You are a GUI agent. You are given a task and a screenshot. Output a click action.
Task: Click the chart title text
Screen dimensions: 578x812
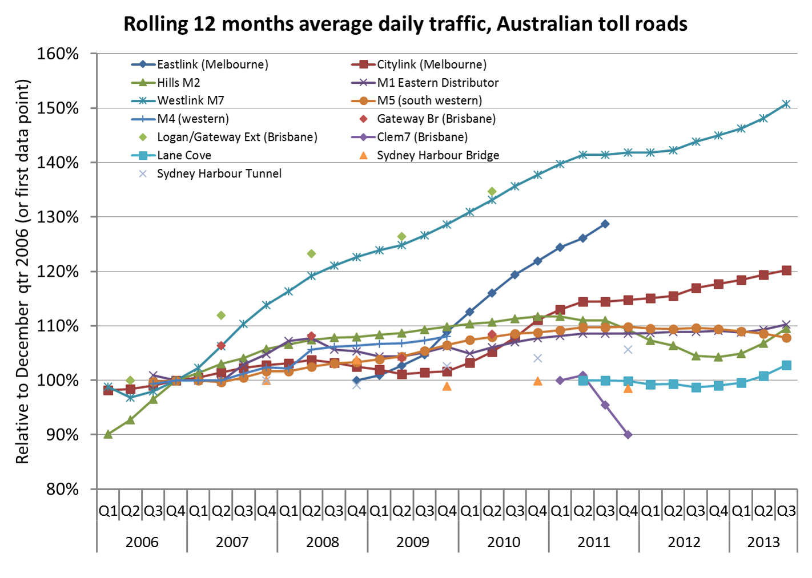(x=405, y=24)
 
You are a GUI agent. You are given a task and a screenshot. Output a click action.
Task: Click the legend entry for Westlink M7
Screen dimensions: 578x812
(x=191, y=101)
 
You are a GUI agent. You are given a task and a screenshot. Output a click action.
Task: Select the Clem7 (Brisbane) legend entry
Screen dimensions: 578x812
(x=422, y=137)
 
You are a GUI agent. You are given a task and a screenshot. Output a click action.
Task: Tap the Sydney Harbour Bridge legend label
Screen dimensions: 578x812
(x=438, y=155)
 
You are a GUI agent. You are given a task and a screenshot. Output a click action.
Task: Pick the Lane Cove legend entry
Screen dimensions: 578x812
(x=184, y=155)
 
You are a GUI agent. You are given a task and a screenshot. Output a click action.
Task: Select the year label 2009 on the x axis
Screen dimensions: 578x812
(x=413, y=541)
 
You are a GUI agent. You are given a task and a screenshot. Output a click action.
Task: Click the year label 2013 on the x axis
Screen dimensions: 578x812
(x=763, y=541)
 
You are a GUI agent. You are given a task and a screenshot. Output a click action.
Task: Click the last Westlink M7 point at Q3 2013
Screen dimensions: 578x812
(x=786, y=104)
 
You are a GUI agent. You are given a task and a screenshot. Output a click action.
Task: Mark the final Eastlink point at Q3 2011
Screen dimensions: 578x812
(x=605, y=224)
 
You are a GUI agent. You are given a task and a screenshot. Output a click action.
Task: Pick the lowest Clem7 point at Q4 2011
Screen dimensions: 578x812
(x=628, y=435)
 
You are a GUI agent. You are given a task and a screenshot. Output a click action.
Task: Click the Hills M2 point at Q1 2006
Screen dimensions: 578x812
(x=108, y=434)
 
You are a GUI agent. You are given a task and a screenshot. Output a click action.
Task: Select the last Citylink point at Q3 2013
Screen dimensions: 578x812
(x=786, y=270)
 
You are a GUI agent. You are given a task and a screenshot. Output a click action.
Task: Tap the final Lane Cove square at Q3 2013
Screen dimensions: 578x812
(x=786, y=365)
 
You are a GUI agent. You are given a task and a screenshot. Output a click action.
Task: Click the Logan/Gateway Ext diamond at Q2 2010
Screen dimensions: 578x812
(x=492, y=191)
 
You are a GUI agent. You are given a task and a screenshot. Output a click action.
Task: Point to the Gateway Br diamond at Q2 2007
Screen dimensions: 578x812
(x=221, y=345)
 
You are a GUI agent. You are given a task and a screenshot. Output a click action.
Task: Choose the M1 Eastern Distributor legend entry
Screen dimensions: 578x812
(x=437, y=83)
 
